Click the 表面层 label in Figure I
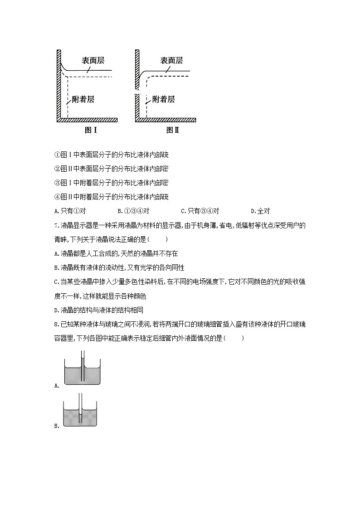point(93,61)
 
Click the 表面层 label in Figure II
point(171,61)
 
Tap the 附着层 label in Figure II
point(163,99)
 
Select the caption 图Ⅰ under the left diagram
point(91,130)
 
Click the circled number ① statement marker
point(57,155)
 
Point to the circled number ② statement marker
point(57,169)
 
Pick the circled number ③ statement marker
point(57,183)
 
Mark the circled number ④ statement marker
point(57,197)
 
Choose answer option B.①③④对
point(133,211)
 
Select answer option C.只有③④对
point(200,211)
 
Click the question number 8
point(55,324)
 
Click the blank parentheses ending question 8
point(234,338)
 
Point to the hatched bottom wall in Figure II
point(168,120)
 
